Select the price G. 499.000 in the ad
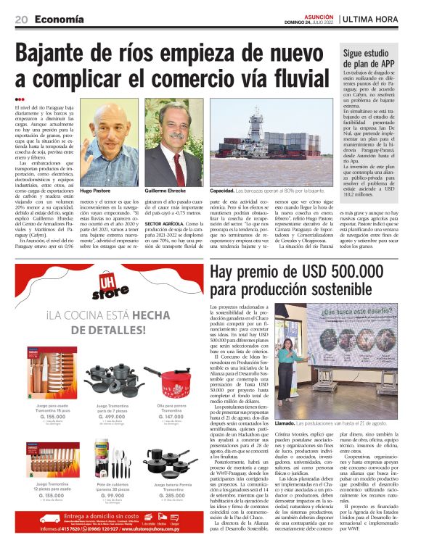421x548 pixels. tap(110, 417)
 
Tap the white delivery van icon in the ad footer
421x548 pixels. tap(51, 519)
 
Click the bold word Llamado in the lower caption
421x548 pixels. tap(285, 423)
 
